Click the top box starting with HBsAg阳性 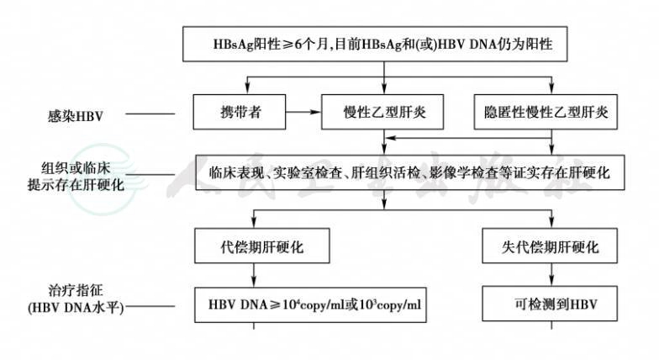375,44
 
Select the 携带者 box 239,112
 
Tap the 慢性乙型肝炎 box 382,112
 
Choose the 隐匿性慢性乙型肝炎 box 546,112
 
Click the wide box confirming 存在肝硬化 410,172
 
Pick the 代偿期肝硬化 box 262,246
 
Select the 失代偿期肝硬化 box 550,246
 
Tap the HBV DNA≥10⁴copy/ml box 310,304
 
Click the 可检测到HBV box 550,304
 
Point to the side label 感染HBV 76,116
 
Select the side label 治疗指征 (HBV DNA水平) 76,299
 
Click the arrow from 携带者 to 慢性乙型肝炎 303,112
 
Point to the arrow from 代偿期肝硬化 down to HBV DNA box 254,276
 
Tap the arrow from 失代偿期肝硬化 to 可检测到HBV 551,274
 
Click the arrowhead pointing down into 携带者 247,89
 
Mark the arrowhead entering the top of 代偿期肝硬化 254,223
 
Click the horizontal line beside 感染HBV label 150,114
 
